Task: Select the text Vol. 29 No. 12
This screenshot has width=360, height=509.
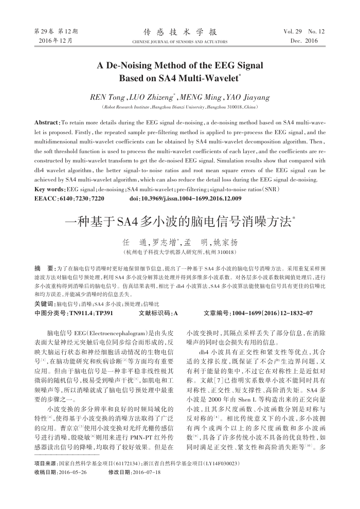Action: point(304,31)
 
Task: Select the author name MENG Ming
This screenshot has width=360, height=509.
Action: point(200,97)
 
